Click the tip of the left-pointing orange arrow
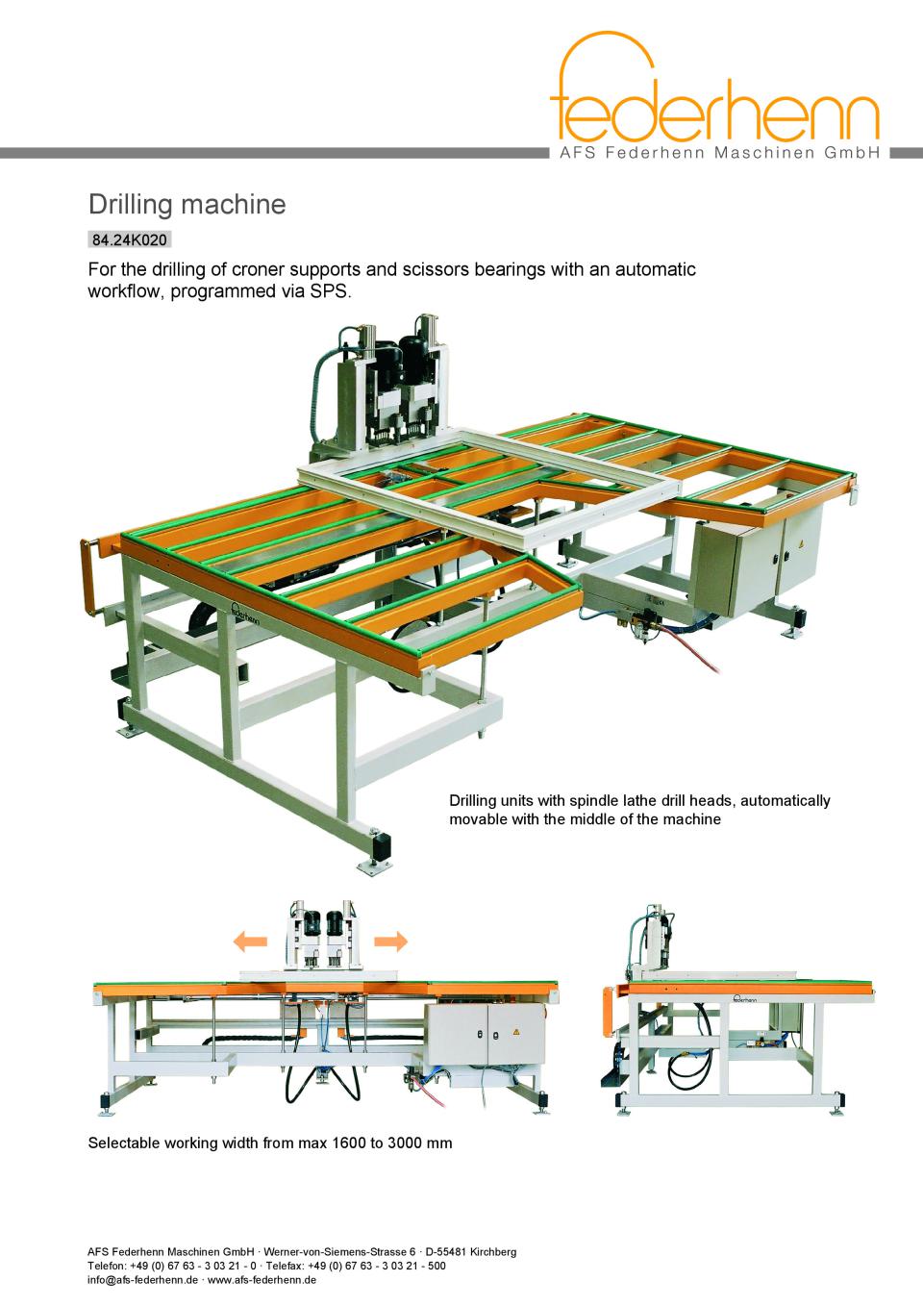pyautogui.click(x=234, y=941)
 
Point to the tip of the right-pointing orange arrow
pyautogui.click(x=408, y=941)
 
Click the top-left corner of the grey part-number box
pyautogui.click(x=88, y=232)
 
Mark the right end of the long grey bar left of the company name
pyautogui.click(x=549, y=153)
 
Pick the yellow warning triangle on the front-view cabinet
pyautogui.click(x=515, y=1031)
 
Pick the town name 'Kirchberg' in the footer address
pyautogui.click(x=493, y=1251)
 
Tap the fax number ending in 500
pyautogui.click(x=377, y=1266)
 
